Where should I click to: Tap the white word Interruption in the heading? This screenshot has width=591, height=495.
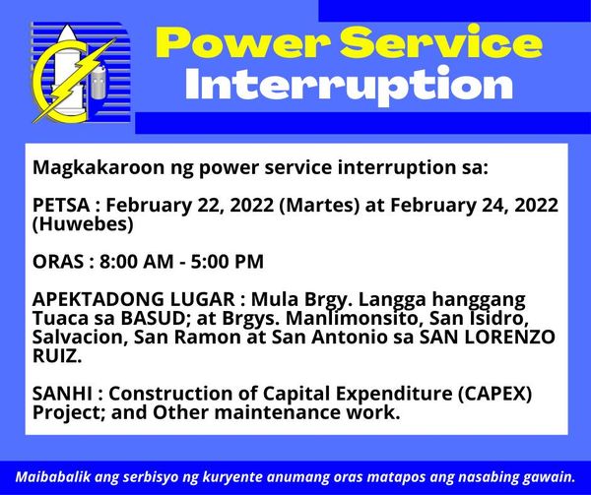(x=349, y=85)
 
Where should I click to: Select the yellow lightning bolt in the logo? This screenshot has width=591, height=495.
(x=74, y=80)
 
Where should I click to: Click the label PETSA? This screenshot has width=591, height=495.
(x=61, y=206)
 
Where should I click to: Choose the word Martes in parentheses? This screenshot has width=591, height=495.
(x=319, y=206)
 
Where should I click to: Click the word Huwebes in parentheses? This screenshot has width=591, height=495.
(x=83, y=224)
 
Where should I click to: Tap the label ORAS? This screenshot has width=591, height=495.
(x=58, y=262)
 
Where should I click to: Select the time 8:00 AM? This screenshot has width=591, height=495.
(x=137, y=262)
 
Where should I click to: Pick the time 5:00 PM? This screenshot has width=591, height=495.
(x=227, y=262)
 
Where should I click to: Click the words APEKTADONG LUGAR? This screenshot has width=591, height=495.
(x=134, y=299)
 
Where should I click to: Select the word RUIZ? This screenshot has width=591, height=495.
(x=56, y=356)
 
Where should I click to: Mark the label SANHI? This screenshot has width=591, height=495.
(x=62, y=394)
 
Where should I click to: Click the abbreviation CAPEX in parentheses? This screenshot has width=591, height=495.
(x=494, y=394)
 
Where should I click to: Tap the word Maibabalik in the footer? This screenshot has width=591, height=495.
(x=52, y=477)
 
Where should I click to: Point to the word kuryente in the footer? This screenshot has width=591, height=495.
(x=232, y=478)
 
